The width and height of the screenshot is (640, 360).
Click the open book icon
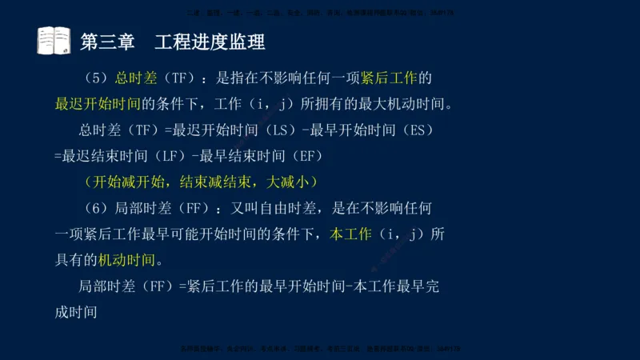(54, 41)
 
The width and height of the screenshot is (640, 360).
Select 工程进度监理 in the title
(210, 42)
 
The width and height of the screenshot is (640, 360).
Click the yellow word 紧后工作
(387, 78)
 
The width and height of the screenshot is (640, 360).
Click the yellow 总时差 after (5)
(134, 78)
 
